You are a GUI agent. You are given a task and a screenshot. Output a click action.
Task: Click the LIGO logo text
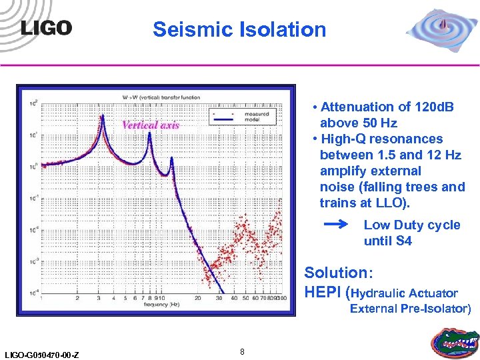46,27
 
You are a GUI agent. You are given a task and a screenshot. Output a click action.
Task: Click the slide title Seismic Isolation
239,29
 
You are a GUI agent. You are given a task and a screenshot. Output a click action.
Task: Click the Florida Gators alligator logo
455,340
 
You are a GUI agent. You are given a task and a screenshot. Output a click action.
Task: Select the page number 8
242,351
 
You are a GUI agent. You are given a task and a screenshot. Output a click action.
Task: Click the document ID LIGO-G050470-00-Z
41,354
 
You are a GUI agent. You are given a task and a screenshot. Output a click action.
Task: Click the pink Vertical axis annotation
151,125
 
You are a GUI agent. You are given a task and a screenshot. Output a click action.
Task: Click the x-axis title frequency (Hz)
159,304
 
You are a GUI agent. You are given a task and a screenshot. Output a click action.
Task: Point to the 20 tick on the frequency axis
197,299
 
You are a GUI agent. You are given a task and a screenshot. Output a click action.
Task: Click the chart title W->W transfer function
161,97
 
